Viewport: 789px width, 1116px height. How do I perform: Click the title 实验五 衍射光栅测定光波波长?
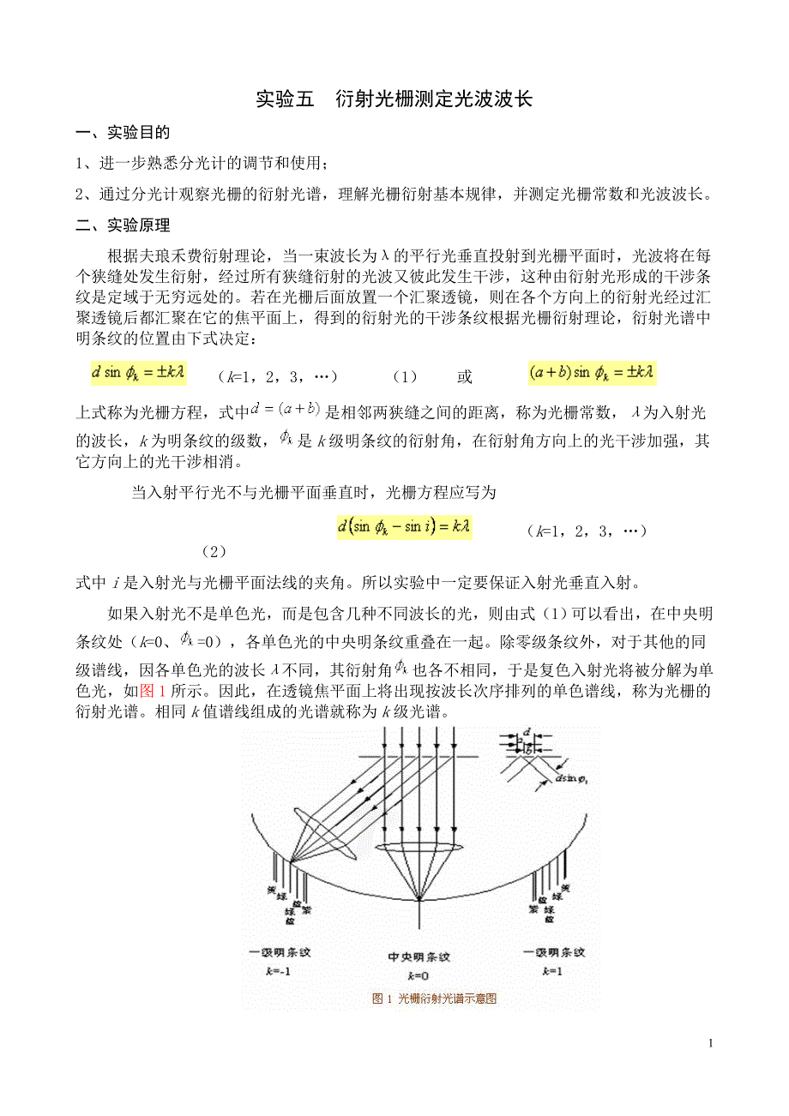coord(394,99)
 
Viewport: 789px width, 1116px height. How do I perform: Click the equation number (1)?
coord(404,377)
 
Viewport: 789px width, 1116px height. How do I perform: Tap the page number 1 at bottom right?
coord(711,1043)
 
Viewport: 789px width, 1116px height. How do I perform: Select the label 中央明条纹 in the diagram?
coord(419,957)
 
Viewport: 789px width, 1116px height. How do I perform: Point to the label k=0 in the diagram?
coord(419,976)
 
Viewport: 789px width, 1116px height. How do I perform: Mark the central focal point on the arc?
coord(419,898)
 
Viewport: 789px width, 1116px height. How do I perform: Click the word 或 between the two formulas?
coord(464,377)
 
